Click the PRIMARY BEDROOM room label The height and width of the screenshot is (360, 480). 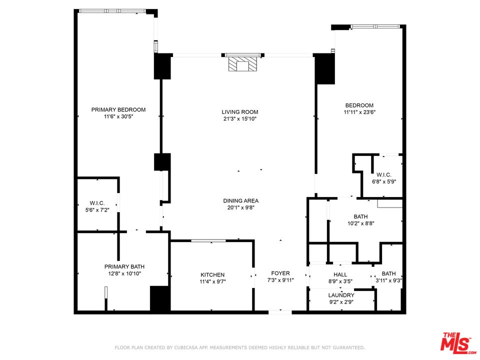point(118,109)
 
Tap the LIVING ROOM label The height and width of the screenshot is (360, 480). point(240,112)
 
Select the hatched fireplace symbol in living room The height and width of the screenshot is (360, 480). point(243,64)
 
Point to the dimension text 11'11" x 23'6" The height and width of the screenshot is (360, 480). point(359,112)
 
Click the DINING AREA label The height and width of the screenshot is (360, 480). point(241,201)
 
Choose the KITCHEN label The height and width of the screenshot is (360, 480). point(212,275)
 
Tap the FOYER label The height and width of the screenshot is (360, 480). point(280,273)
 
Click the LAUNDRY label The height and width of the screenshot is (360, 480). point(341,295)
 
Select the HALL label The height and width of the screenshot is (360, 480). point(340,274)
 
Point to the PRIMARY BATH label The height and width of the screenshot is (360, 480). point(124,266)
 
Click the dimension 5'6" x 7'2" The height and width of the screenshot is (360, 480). point(97,210)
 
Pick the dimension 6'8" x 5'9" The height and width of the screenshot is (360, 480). point(384,181)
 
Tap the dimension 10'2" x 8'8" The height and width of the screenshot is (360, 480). point(360,223)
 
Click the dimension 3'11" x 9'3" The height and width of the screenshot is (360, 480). point(389,280)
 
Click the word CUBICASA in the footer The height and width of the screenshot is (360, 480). point(186,348)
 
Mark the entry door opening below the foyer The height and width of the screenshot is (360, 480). point(280,312)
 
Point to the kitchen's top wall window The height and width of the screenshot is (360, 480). point(208,241)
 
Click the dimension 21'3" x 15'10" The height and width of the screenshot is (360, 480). point(240,119)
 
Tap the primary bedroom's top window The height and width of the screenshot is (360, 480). point(112,11)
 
